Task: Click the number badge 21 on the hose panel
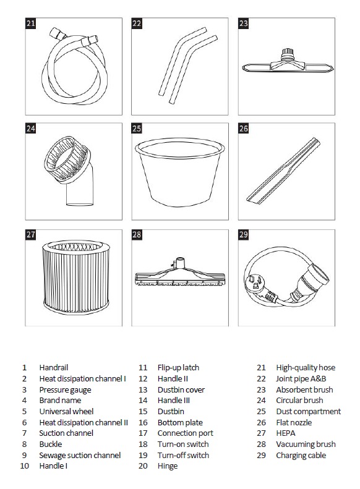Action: point(30,23)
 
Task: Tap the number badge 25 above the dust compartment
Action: point(137,129)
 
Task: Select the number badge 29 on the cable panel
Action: point(243,234)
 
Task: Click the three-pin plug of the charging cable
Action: point(254,284)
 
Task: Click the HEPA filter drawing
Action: point(76,277)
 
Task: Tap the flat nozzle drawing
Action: point(283,171)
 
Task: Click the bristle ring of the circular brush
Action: point(66,159)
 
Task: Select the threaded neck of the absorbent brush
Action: point(288,54)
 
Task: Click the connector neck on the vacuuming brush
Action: point(180,263)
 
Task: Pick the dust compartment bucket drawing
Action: point(179,172)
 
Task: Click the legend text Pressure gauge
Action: point(65,390)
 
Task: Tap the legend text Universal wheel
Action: point(66,411)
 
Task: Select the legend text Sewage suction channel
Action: point(80,456)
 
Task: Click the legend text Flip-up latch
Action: point(178,368)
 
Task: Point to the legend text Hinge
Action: point(168,466)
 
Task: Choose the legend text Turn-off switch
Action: point(183,456)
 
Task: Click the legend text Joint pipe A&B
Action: point(301,379)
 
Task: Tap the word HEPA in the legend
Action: point(285,433)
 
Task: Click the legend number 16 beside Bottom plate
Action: point(143,423)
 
